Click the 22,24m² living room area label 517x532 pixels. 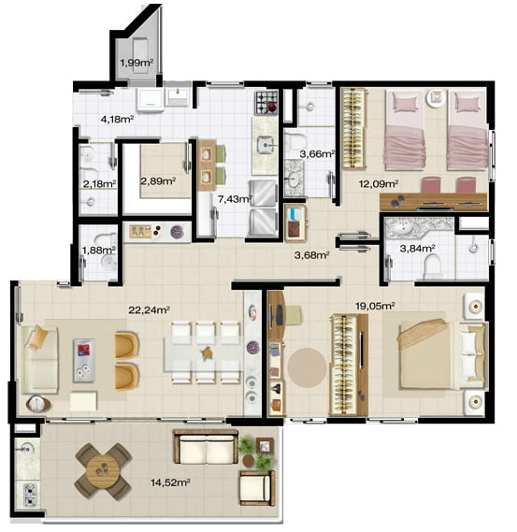click(149, 310)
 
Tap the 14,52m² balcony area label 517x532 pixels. click(170, 482)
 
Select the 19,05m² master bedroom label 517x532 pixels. click(375, 307)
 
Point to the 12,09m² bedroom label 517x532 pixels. click(379, 184)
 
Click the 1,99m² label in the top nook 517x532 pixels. click(136, 63)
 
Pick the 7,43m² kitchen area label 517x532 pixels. click(235, 199)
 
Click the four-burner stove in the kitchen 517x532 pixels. click(266, 103)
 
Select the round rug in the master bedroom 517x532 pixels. click(308, 367)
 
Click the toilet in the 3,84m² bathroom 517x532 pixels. click(432, 265)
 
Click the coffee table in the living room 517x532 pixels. click(84, 360)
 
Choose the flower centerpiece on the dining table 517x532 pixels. click(207, 353)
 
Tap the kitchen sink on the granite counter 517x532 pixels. click(266, 145)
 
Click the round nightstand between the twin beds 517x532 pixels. click(436, 98)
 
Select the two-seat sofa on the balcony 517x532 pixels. click(207, 447)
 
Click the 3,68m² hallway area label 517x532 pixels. click(311, 255)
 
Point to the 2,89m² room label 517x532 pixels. click(158, 181)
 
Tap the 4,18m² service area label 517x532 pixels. click(117, 120)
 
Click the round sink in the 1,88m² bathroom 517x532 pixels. click(109, 262)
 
